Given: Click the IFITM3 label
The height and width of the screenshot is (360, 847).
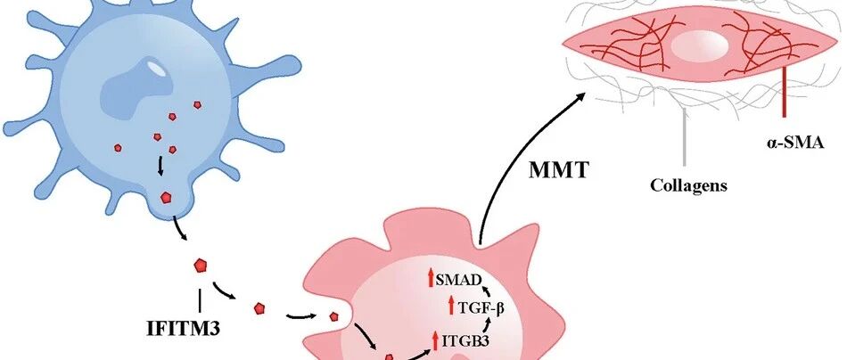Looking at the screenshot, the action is click(183, 329).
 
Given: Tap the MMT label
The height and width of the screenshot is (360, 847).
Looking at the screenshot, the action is click(558, 170).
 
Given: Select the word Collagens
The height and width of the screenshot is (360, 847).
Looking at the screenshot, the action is click(688, 185).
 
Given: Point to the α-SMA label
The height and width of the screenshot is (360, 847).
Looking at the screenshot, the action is click(792, 143).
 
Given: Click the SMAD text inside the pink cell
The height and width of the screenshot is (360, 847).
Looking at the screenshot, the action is click(458, 280).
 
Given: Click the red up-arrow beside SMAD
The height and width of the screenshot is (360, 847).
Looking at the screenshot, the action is click(431, 279).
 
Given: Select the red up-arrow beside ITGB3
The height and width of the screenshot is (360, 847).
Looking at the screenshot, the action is click(435, 340).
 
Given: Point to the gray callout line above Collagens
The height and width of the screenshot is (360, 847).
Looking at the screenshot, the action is click(685, 136).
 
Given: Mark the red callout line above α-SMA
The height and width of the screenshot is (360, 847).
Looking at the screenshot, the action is click(784, 93).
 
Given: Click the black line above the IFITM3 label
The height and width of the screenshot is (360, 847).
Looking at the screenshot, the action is click(201, 300).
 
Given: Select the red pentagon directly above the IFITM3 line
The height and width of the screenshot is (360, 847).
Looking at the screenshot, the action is click(201, 266).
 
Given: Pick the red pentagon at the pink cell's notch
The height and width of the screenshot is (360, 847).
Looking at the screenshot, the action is click(333, 316).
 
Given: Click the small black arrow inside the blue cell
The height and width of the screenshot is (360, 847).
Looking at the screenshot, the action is click(160, 167).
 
